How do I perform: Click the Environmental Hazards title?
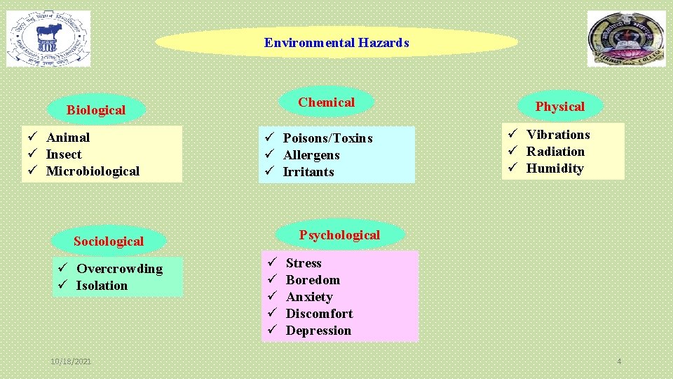[x=336, y=43]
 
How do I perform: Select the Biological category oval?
[x=96, y=110]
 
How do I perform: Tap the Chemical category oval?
[x=326, y=102]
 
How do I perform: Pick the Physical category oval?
[x=559, y=107]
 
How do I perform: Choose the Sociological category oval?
[x=109, y=241]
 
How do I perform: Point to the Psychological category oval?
[x=339, y=235]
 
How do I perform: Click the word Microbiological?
[x=93, y=171]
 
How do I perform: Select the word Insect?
[x=64, y=154]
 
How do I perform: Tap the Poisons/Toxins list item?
[x=327, y=138]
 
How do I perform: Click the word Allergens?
[x=311, y=155]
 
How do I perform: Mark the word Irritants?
[x=308, y=172]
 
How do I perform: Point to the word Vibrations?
[x=558, y=135]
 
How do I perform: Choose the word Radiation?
[x=555, y=152]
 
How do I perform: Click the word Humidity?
[x=555, y=168]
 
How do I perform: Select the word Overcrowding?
[x=119, y=269]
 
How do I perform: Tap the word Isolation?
[x=102, y=286]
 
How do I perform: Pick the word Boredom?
[x=313, y=280]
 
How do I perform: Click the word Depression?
[x=318, y=331]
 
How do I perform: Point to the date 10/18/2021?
[x=70, y=361]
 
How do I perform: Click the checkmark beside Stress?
[x=272, y=262]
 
